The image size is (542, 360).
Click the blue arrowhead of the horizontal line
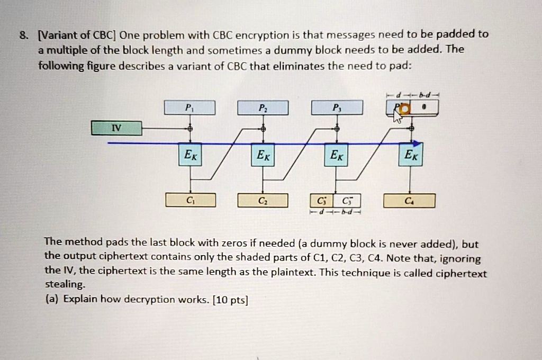pyautogui.click(x=418, y=143)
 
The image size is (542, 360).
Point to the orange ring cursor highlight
pyautogui.click(x=405, y=109)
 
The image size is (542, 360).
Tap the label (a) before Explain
pyautogui.click(x=52, y=300)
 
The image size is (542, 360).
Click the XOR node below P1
pyautogui.click(x=189, y=128)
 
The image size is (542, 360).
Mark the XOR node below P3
pyautogui.click(x=337, y=128)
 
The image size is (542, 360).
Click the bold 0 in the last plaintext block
pyautogui.click(x=424, y=108)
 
